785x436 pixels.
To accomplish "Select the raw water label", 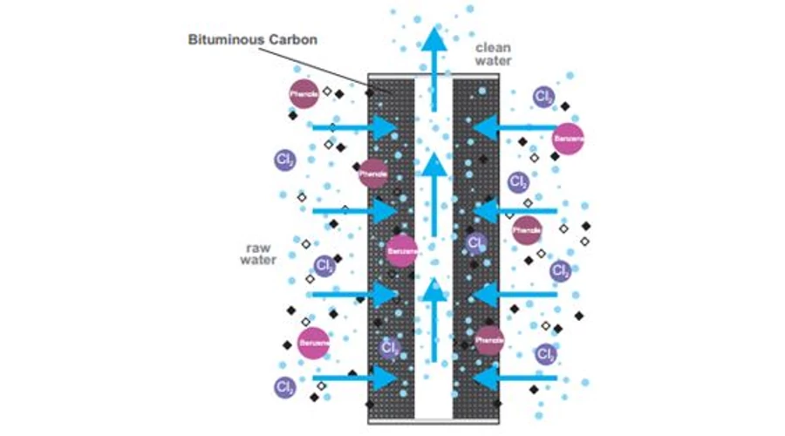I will pos(259,253).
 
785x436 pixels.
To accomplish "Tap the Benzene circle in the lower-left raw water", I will pos(313,343).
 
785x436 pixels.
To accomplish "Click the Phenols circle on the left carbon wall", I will pos(373,173).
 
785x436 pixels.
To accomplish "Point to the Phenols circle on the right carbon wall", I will pos(489,339).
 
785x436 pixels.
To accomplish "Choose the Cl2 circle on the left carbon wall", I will pos(390,350).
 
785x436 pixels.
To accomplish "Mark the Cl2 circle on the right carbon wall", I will pos(475,243).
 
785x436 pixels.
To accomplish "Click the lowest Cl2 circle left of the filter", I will pos(284,387).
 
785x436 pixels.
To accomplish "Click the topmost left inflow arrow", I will pos(353,127).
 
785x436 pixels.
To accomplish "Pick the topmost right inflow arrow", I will pos(515,127).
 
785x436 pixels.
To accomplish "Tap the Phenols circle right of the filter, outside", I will pos(527,230).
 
